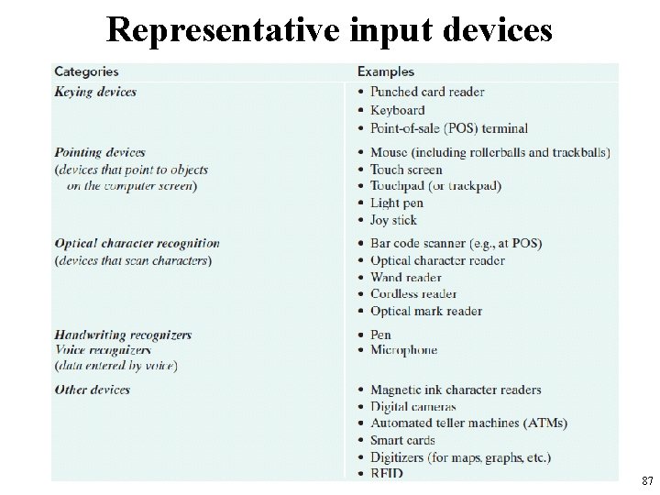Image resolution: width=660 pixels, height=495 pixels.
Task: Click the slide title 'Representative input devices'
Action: (330, 29)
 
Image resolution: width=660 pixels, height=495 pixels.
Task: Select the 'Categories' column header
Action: (86, 71)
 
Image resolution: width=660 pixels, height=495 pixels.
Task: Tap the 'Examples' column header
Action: (385, 71)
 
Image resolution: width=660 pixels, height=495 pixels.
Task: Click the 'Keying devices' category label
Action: (95, 92)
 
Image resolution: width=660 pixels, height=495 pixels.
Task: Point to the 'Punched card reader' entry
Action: (427, 92)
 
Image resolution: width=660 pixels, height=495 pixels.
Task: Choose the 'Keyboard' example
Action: (397, 110)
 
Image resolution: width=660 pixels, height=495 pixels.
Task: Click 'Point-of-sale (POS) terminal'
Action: (449, 128)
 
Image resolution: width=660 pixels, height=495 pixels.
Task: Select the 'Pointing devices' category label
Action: (100, 152)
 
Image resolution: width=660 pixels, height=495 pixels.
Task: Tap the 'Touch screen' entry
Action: (406, 170)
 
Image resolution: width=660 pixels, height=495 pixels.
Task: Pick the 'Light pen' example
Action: (397, 203)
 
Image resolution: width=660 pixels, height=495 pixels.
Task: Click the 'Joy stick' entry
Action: (393, 220)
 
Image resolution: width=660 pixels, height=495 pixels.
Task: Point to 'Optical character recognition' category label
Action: (137, 243)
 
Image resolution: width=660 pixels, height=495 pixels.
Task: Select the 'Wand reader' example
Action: (405, 277)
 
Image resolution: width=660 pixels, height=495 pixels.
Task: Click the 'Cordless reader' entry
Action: (412, 294)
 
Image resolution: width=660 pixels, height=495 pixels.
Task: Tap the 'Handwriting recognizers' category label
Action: (123, 335)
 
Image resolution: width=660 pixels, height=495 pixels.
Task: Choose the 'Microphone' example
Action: (403, 350)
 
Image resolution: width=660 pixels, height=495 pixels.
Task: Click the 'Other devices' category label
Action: (92, 390)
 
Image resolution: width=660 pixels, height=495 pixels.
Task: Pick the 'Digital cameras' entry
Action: (412, 406)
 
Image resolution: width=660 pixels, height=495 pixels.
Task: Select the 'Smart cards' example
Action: (402, 440)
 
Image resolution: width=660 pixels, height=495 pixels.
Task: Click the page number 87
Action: (647, 480)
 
